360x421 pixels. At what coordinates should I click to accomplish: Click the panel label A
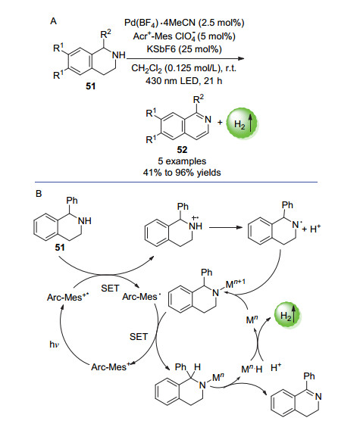[54, 21]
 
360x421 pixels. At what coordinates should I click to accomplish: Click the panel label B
[39, 194]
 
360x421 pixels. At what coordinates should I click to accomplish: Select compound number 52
[182, 150]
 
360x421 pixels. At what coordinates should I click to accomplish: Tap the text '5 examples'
[182, 161]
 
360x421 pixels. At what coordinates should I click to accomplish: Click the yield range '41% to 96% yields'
[182, 173]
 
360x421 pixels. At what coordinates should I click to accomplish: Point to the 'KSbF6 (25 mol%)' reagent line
[184, 49]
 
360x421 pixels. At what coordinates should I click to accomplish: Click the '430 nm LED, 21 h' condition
[184, 80]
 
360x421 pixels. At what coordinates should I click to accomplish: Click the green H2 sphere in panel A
[242, 123]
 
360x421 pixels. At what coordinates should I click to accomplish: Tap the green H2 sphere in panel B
[287, 315]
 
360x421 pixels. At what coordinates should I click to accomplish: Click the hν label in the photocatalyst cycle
[54, 345]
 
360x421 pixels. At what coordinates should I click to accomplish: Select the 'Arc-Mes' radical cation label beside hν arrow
[67, 297]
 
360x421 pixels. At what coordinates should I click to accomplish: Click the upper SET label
[110, 288]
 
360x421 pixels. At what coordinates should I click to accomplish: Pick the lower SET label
[139, 337]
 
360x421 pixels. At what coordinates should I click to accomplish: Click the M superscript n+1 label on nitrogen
[236, 283]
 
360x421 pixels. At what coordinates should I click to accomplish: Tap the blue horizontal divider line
[176, 182]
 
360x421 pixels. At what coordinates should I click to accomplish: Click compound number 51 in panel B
[60, 248]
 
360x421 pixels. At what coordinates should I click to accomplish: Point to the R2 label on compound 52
[199, 99]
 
